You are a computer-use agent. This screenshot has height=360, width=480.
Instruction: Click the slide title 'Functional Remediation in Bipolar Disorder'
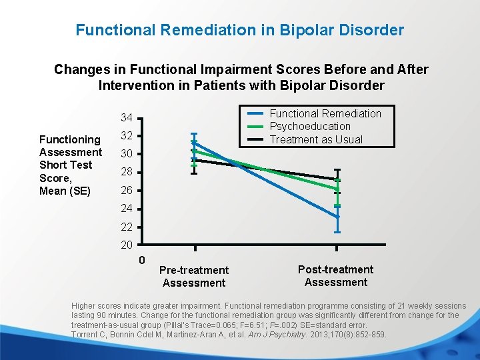[239, 30]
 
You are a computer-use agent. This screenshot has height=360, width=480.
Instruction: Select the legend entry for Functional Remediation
[325, 113]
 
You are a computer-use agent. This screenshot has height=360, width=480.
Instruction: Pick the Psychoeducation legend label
[309, 126]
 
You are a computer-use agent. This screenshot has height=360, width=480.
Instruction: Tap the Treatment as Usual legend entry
[315, 139]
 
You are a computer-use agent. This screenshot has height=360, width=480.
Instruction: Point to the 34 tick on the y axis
[127, 118]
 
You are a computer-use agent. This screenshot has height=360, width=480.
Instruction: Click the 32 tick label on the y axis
[127, 136]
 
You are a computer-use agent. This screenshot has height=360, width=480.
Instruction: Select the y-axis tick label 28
[127, 173]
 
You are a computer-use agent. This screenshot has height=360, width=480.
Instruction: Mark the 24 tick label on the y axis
[127, 209]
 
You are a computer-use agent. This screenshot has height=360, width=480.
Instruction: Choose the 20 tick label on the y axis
[127, 245]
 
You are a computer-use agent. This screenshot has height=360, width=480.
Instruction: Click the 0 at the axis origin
[142, 259]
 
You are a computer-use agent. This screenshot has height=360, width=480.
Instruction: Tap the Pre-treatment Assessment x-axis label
[194, 276]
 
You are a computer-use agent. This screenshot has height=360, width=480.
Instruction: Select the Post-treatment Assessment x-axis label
[335, 275]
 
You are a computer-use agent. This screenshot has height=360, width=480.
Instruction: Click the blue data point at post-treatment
[337, 217]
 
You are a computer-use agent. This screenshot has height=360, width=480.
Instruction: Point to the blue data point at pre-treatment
[194, 143]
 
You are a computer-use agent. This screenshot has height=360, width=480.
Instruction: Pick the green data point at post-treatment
[337, 189]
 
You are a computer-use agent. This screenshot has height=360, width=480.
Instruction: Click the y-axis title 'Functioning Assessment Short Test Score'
[70, 165]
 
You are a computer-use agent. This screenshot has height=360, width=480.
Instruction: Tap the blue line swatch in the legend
[256, 113]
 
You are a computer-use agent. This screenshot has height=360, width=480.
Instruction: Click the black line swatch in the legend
[256, 139]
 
